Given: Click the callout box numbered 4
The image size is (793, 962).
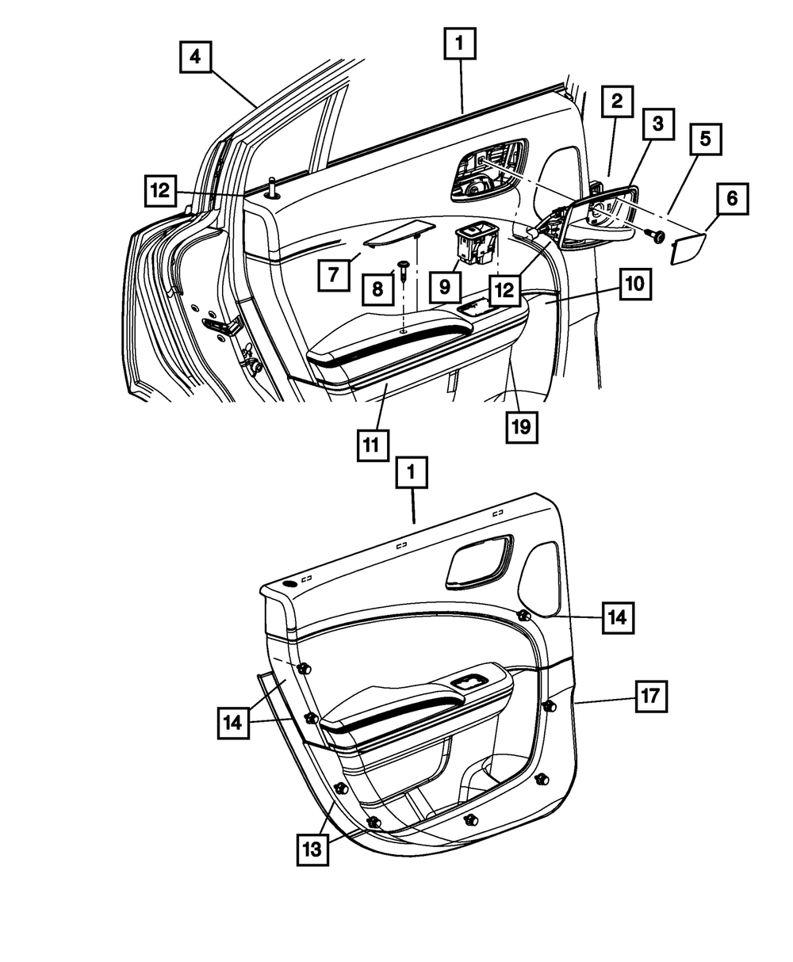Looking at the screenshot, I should click(195, 57).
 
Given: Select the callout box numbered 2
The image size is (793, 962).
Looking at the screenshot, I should click(617, 101).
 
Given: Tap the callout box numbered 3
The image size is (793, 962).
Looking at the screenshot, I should click(658, 124).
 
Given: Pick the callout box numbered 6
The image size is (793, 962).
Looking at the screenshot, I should click(732, 199).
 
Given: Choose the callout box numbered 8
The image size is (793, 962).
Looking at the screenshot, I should click(377, 289).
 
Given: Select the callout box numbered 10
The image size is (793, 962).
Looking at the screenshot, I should click(636, 284).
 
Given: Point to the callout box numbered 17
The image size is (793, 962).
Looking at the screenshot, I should click(650, 697).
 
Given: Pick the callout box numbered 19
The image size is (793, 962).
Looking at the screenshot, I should click(523, 427).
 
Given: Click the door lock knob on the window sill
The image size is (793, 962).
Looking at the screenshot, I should click(273, 189).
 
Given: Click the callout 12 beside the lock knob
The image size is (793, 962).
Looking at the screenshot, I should click(161, 190).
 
